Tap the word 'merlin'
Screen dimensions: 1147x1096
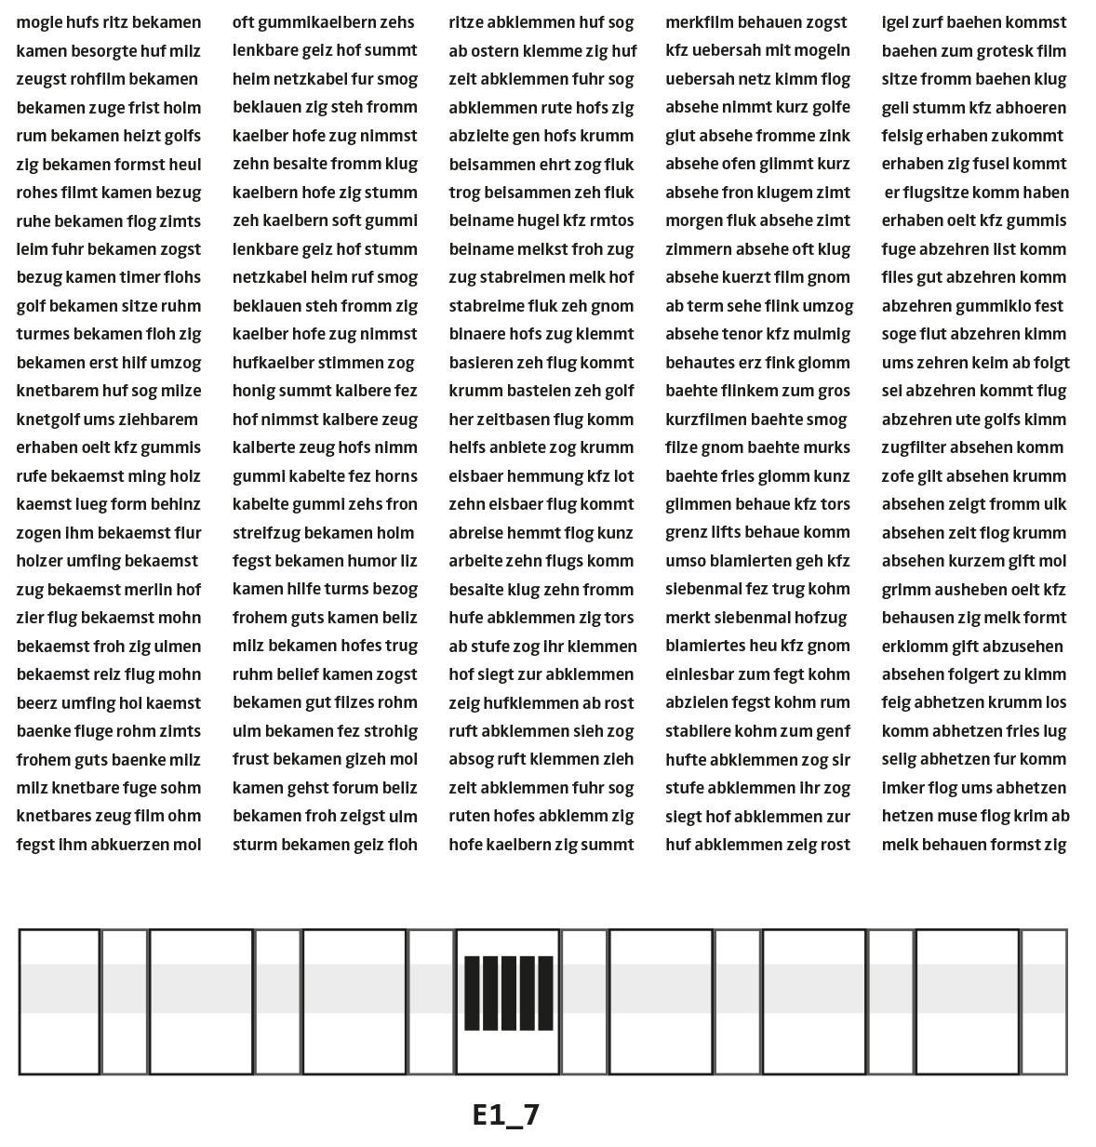149,590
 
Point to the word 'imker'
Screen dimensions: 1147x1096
902,788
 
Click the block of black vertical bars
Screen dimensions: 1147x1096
508,993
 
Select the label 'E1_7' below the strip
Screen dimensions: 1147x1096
506,1114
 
